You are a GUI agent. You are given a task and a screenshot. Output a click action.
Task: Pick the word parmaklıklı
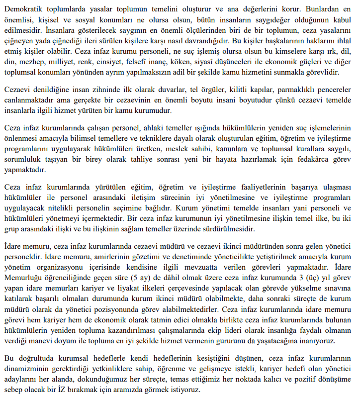[x=290, y=91]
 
